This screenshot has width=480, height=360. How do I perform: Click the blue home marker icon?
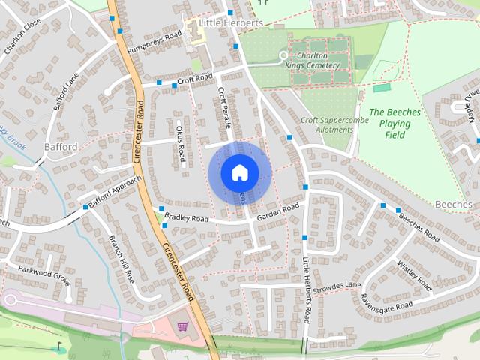pos(239,172)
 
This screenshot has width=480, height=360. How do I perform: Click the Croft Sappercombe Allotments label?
pos(326,124)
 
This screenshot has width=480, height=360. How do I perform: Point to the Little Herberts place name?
pos(232,23)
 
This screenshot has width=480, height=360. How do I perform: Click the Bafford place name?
pos(61,147)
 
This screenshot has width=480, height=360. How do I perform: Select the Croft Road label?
pos(195,79)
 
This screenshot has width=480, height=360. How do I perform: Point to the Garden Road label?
pos(278,212)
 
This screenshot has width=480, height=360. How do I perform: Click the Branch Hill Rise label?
pos(121,259)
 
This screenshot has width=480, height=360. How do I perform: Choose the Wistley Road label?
pos(415,277)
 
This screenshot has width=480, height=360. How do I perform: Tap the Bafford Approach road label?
pos(114,193)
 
